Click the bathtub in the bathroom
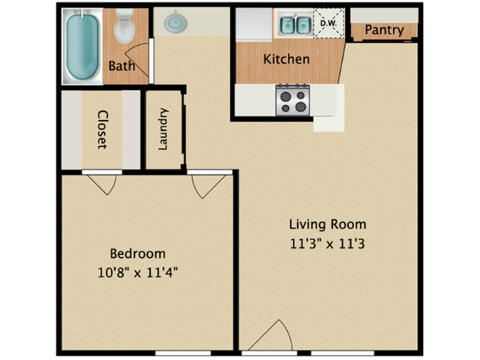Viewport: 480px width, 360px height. coord(82,46)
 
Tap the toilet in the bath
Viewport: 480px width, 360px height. coord(124,28)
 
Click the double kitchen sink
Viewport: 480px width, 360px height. coord(295,25)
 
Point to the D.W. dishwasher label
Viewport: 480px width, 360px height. coord(328,23)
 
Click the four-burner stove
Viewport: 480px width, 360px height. coord(293,100)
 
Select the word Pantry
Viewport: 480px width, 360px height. coord(384,31)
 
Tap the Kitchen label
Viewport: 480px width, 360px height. coord(286,58)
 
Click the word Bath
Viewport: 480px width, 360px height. coord(121,66)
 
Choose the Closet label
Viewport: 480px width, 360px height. coord(102,130)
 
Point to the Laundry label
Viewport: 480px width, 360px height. coord(163,129)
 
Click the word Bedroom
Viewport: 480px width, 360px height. coord(137,253)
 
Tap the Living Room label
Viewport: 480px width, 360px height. coord(328,224)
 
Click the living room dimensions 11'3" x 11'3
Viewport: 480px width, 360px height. coord(328,243)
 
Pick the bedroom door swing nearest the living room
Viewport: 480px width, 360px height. coord(208,185)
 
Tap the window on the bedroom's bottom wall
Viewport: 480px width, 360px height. coord(182,352)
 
